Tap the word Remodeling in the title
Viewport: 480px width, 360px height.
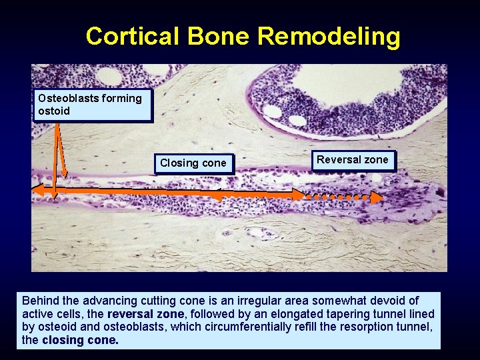329,36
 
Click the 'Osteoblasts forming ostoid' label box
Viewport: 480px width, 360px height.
93,105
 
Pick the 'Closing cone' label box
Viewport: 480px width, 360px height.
193,163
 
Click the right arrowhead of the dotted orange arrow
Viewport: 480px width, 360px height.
377,197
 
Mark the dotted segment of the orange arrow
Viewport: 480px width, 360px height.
337,197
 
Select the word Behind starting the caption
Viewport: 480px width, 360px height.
39,301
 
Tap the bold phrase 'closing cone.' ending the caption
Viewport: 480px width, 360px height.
80,340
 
